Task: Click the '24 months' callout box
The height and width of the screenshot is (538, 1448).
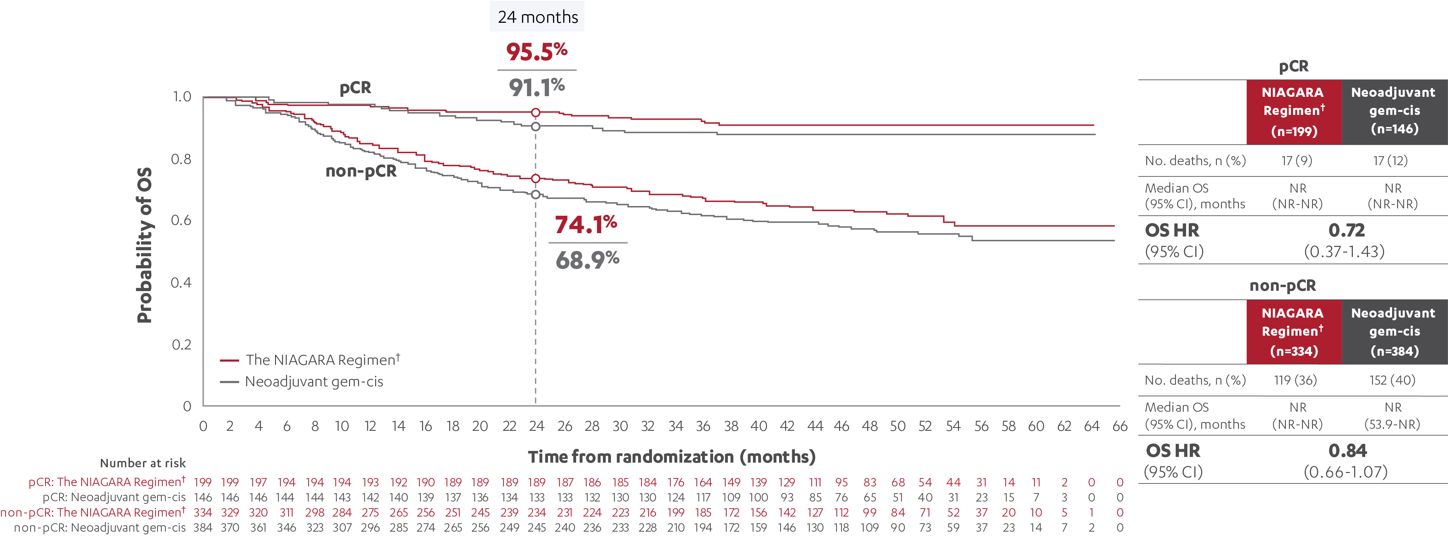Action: [x=537, y=17]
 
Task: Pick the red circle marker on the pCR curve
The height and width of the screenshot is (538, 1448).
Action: [x=536, y=113]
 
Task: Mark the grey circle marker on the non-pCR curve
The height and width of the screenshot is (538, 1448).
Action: [x=536, y=195]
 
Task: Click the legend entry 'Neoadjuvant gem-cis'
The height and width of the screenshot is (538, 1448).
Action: [x=314, y=382]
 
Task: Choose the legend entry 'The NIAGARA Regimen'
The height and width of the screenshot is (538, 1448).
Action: [x=322, y=360]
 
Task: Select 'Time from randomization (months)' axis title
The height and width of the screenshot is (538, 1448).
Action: [x=671, y=457]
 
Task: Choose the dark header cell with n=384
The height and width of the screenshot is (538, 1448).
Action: [x=1394, y=332]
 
